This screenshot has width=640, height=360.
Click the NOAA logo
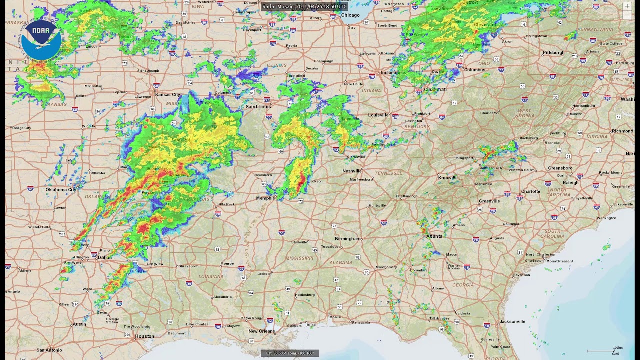[x=41, y=40]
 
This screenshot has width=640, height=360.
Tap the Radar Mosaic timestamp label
[x=304, y=6]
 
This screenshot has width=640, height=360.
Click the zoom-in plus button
[x=627, y=6]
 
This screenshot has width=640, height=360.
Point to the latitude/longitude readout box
[x=290, y=353]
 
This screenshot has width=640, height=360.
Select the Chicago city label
[x=350, y=15]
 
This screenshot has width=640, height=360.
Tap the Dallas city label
[x=105, y=257]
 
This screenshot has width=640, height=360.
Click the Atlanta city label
[x=434, y=236]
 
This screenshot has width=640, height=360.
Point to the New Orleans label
[x=262, y=331]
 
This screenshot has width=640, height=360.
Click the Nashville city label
[x=352, y=171]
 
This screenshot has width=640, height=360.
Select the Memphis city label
[x=265, y=198]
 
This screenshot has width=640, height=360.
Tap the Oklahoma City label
[x=61, y=190]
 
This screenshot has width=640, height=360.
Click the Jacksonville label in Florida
[x=513, y=321]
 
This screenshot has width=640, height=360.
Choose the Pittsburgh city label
[x=554, y=52]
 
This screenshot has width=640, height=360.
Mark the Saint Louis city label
[x=258, y=107]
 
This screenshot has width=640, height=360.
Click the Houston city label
[x=145, y=336]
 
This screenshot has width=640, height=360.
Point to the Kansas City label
[x=168, y=94]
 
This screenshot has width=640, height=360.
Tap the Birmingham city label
[x=347, y=239]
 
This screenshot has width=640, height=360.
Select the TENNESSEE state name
[x=388, y=173]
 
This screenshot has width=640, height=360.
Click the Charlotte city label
[x=530, y=191]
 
